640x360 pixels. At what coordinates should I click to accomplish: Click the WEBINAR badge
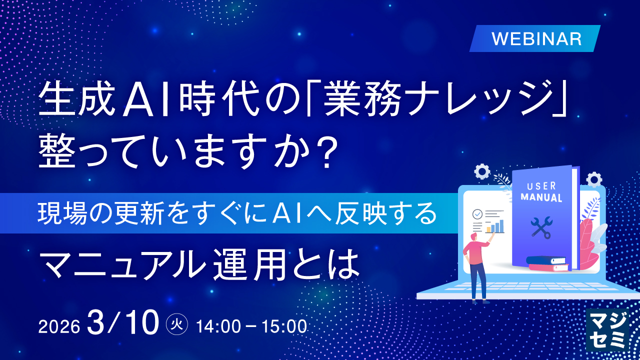click(x=535, y=38)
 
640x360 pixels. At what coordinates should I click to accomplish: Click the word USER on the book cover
click(x=541, y=186)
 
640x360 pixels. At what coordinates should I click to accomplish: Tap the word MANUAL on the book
click(x=541, y=197)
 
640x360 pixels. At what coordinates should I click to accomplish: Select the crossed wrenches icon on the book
click(x=541, y=227)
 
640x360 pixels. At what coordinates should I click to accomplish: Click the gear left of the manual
click(x=482, y=171)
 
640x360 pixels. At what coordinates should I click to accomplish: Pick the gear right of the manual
click(x=594, y=179)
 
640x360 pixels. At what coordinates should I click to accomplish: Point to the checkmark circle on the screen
click(x=477, y=214)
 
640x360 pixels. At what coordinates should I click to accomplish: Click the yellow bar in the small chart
click(x=488, y=229)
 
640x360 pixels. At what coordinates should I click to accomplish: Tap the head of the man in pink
click(x=473, y=237)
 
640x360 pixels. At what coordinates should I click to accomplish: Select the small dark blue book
click(x=546, y=260)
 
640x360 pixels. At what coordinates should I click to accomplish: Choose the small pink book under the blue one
click(x=548, y=267)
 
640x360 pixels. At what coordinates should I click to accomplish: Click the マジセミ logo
click(x=607, y=330)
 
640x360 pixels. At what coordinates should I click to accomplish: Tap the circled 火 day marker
click(x=177, y=324)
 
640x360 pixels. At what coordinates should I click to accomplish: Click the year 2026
click(x=59, y=326)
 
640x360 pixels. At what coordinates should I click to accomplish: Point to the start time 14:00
click(x=218, y=326)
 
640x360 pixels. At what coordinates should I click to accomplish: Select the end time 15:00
click(x=284, y=326)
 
